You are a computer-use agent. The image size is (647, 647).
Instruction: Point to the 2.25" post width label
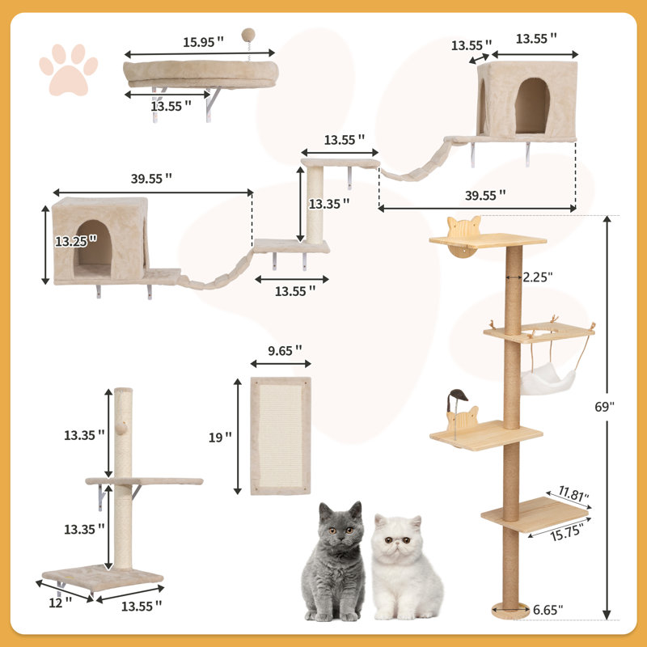pos(537,276)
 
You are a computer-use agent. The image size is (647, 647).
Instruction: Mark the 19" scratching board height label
pos(219,437)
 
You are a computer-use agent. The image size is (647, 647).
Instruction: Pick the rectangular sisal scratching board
pos(280,437)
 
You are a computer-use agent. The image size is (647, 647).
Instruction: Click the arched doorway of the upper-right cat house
pos(531,106)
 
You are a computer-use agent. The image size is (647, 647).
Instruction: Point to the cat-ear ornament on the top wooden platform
pos(464,226)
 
